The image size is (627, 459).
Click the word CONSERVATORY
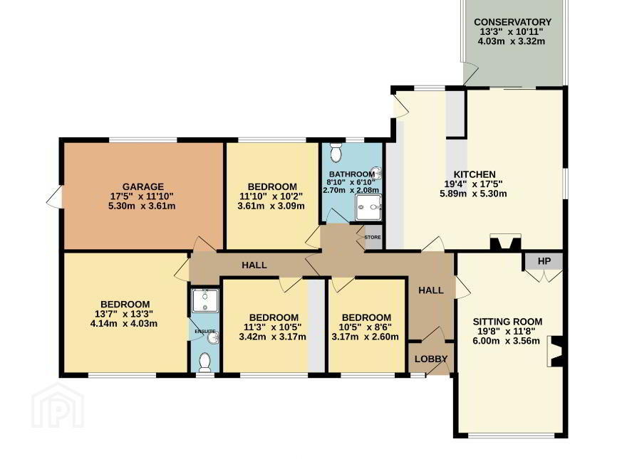tap(512, 22)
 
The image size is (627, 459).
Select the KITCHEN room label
tap(475, 174)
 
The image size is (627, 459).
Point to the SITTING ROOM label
tap(507, 322)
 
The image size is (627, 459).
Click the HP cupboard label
tap(544, 261)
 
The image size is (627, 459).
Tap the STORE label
tap(373, 237)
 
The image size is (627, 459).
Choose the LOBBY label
tap(430, 359)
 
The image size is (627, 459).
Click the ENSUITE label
tap(204, 332)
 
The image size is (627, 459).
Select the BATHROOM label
tap(352, 174)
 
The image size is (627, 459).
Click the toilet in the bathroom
tap(336, 152)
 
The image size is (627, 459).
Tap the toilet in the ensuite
tap(204, 362)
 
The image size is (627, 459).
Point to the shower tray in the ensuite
tap(205, 300)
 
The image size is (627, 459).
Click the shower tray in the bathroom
tap(368, 207)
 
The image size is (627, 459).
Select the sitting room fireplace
tap(557, 352)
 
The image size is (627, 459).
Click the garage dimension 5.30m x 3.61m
tap(142, 206)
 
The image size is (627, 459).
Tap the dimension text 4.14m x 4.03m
tap(124, 324)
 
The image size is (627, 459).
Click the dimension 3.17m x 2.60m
tap(365, 337)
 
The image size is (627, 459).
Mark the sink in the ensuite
tap(214, 339)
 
